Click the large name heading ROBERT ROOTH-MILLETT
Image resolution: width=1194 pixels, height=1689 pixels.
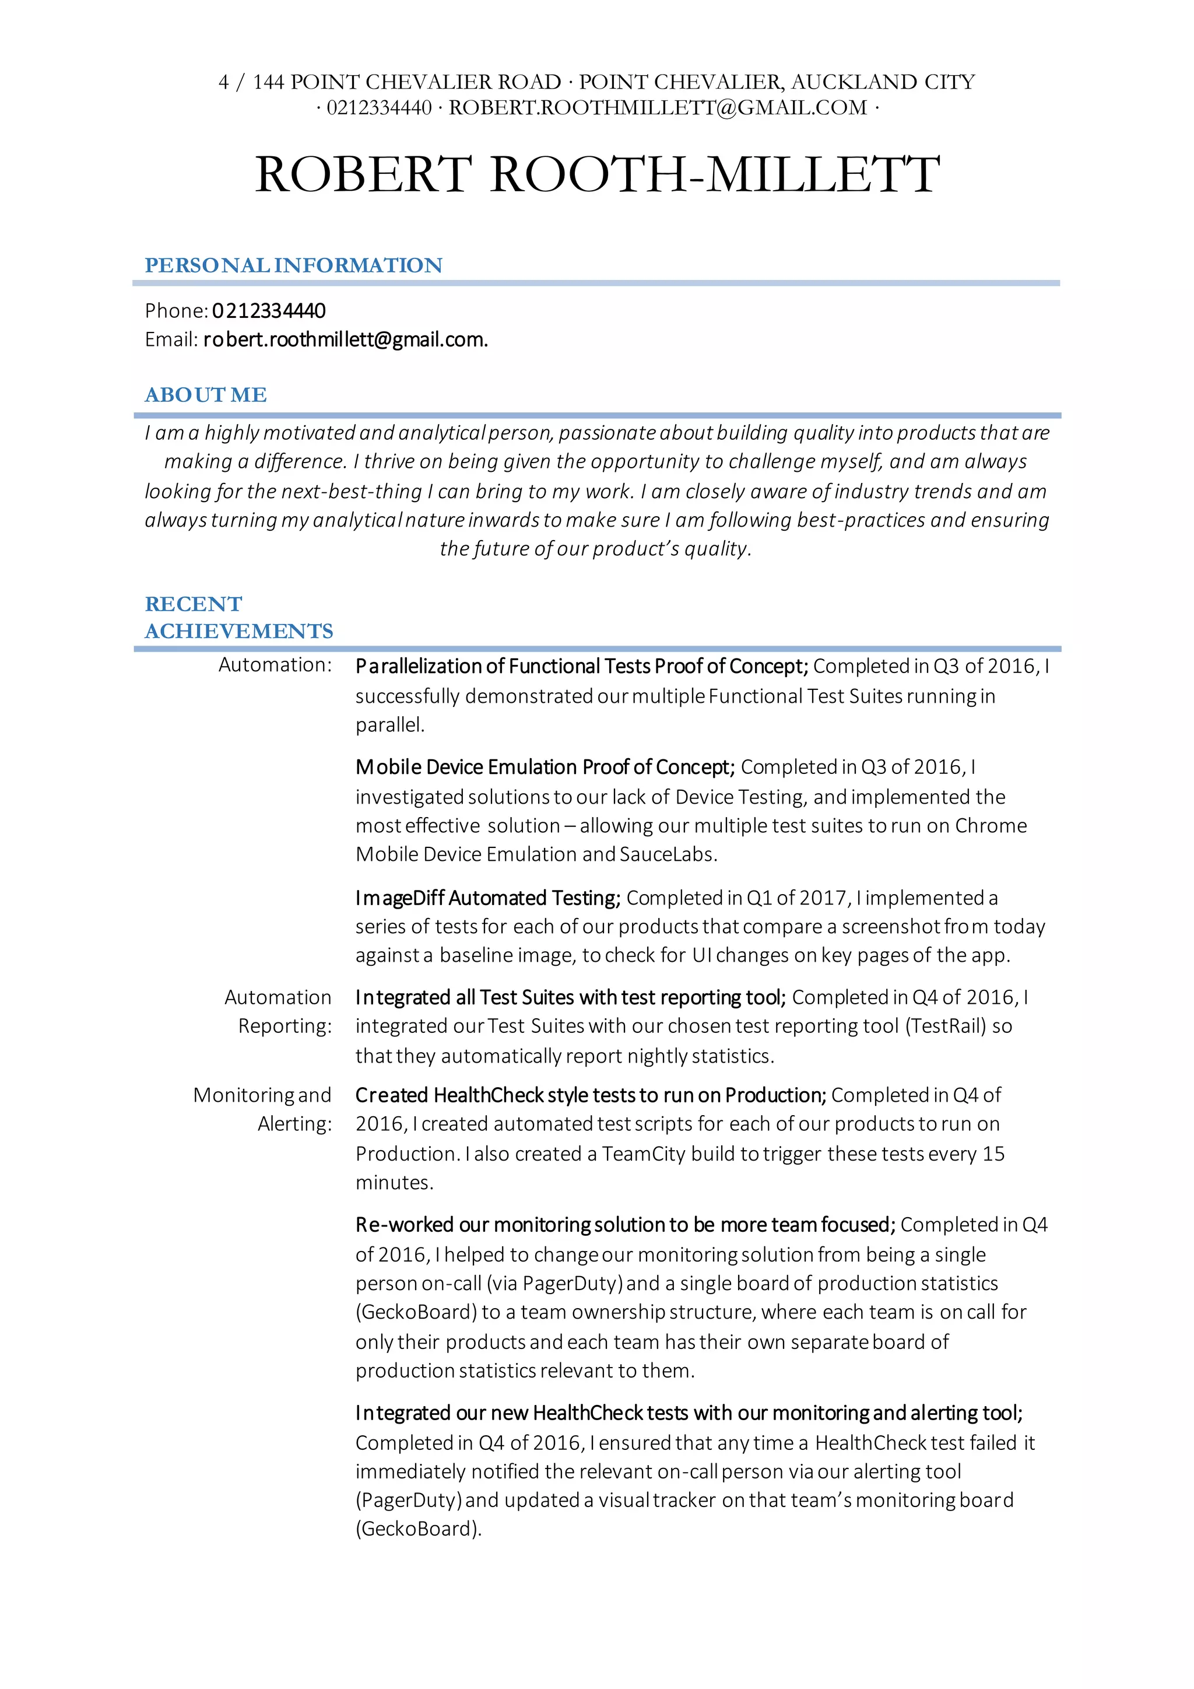pyautogui.click(x=597, y=174)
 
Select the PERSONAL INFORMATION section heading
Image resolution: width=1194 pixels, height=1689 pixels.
pyautogui.click(x=293, y=265)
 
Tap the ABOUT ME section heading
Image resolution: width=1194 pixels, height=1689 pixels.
pyautogui.click(x=205, y=395)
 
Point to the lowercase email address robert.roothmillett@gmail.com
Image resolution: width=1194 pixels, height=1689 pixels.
pyautogui.click(x=346, y=340)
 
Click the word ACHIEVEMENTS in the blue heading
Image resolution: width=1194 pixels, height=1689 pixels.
pyautogui.click(x=239, y=631)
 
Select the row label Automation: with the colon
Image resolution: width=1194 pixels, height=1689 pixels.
pyautogui.click(x=275, y=665)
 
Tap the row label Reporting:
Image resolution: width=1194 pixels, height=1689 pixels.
pyautogui.click(x=285, y=1026)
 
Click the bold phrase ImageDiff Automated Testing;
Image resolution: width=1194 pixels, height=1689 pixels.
pyautogui.click(x=488, y=898)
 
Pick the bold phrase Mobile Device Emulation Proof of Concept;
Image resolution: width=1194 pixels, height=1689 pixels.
pyautogui.click(x=545, y=768)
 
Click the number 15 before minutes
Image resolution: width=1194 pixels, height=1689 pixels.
pyautogui.click(x=993, y=1154)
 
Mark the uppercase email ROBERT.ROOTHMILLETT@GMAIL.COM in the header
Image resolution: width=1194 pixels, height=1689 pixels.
pyautogui.click(x=658, y=108)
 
